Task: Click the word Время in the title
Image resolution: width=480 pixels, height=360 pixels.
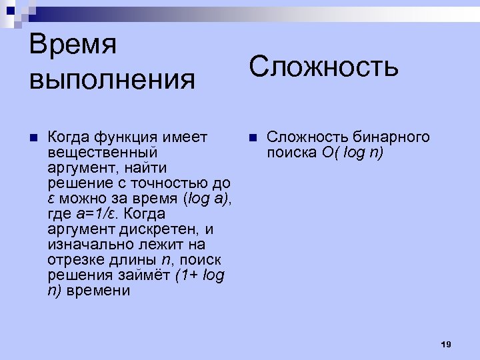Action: tap(73, 46)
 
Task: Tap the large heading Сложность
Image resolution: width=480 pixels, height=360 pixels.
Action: tap(324, 66)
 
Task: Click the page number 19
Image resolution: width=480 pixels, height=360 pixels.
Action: tap(446, 344)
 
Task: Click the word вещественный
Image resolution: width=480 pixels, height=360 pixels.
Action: tap(103, 153)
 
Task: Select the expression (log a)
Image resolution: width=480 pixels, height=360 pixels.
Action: tap(206, 199)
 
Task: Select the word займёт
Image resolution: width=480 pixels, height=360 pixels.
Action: tap(147, 275)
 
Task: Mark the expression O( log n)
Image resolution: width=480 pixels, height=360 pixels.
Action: tap(351, 153)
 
